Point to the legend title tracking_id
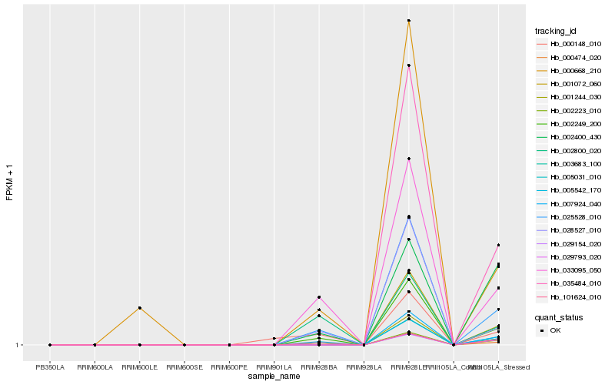[556, 31]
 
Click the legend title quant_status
[559, 316]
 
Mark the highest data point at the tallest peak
[409, 21]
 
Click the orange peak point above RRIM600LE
[139, 307]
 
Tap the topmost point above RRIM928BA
[319, 297]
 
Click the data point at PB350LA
[50, 345]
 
